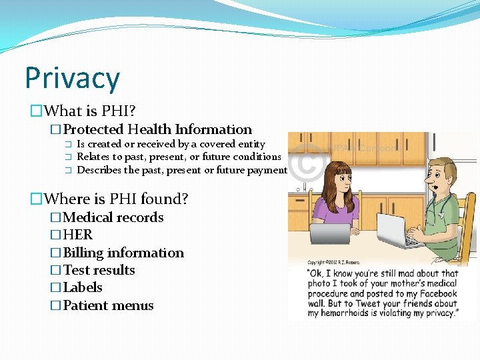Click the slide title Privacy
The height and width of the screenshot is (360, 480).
[x=72, y=78]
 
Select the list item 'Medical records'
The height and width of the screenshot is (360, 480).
[x=113, y=217]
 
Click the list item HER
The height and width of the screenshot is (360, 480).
[x=77, y=235]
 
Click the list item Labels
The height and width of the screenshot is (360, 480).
[x=82, y=287]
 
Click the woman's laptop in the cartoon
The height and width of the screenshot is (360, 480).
[x=329, y=233]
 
